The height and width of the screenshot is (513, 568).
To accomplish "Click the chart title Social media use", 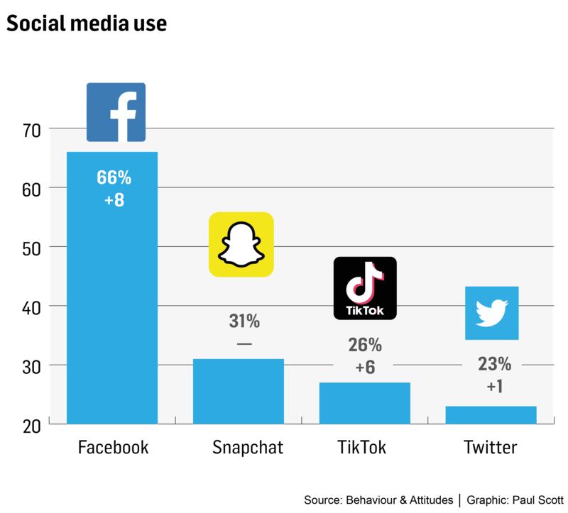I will coord(86,23).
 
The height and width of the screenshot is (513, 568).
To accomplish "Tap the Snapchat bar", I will coord(239,391).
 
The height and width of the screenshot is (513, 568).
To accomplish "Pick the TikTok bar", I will coord(364,402).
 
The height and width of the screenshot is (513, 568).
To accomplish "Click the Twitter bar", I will coord(491,414).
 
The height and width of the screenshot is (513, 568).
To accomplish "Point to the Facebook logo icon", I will coord(116,112).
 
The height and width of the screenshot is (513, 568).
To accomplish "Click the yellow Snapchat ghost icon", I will coord(241,244).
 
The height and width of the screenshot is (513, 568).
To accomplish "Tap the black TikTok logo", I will coord(365,288).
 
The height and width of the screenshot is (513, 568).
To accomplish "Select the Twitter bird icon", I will coord(491,312).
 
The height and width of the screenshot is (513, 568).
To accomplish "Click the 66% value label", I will coord(114,177).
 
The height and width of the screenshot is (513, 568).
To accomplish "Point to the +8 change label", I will coord(114,200).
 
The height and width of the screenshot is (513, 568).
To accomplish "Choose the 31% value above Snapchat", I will coord(244,321).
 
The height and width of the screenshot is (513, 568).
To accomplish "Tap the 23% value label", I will coord(493,365).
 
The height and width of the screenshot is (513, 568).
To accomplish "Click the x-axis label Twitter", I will coord(490,448).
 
